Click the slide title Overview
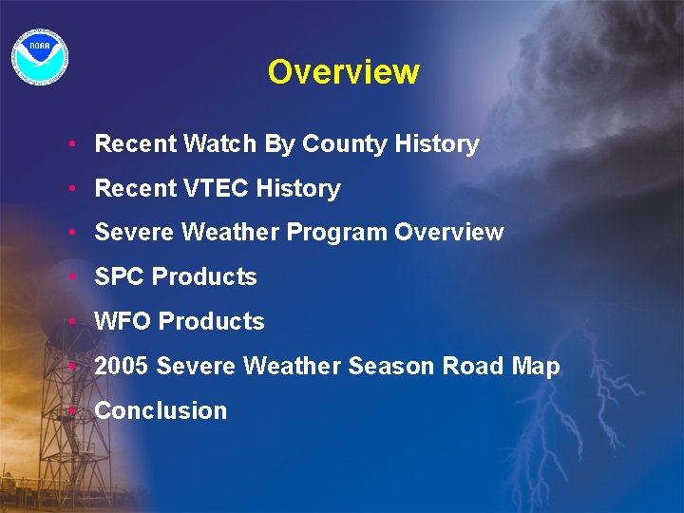point(343,72)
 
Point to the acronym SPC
point(120,277)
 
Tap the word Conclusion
point(161,411)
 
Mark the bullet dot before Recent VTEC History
point(72,189)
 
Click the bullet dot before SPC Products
point(72,277)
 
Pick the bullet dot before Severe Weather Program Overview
point(72,233)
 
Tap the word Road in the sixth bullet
point(471,367)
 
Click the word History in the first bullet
point(437,144)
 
